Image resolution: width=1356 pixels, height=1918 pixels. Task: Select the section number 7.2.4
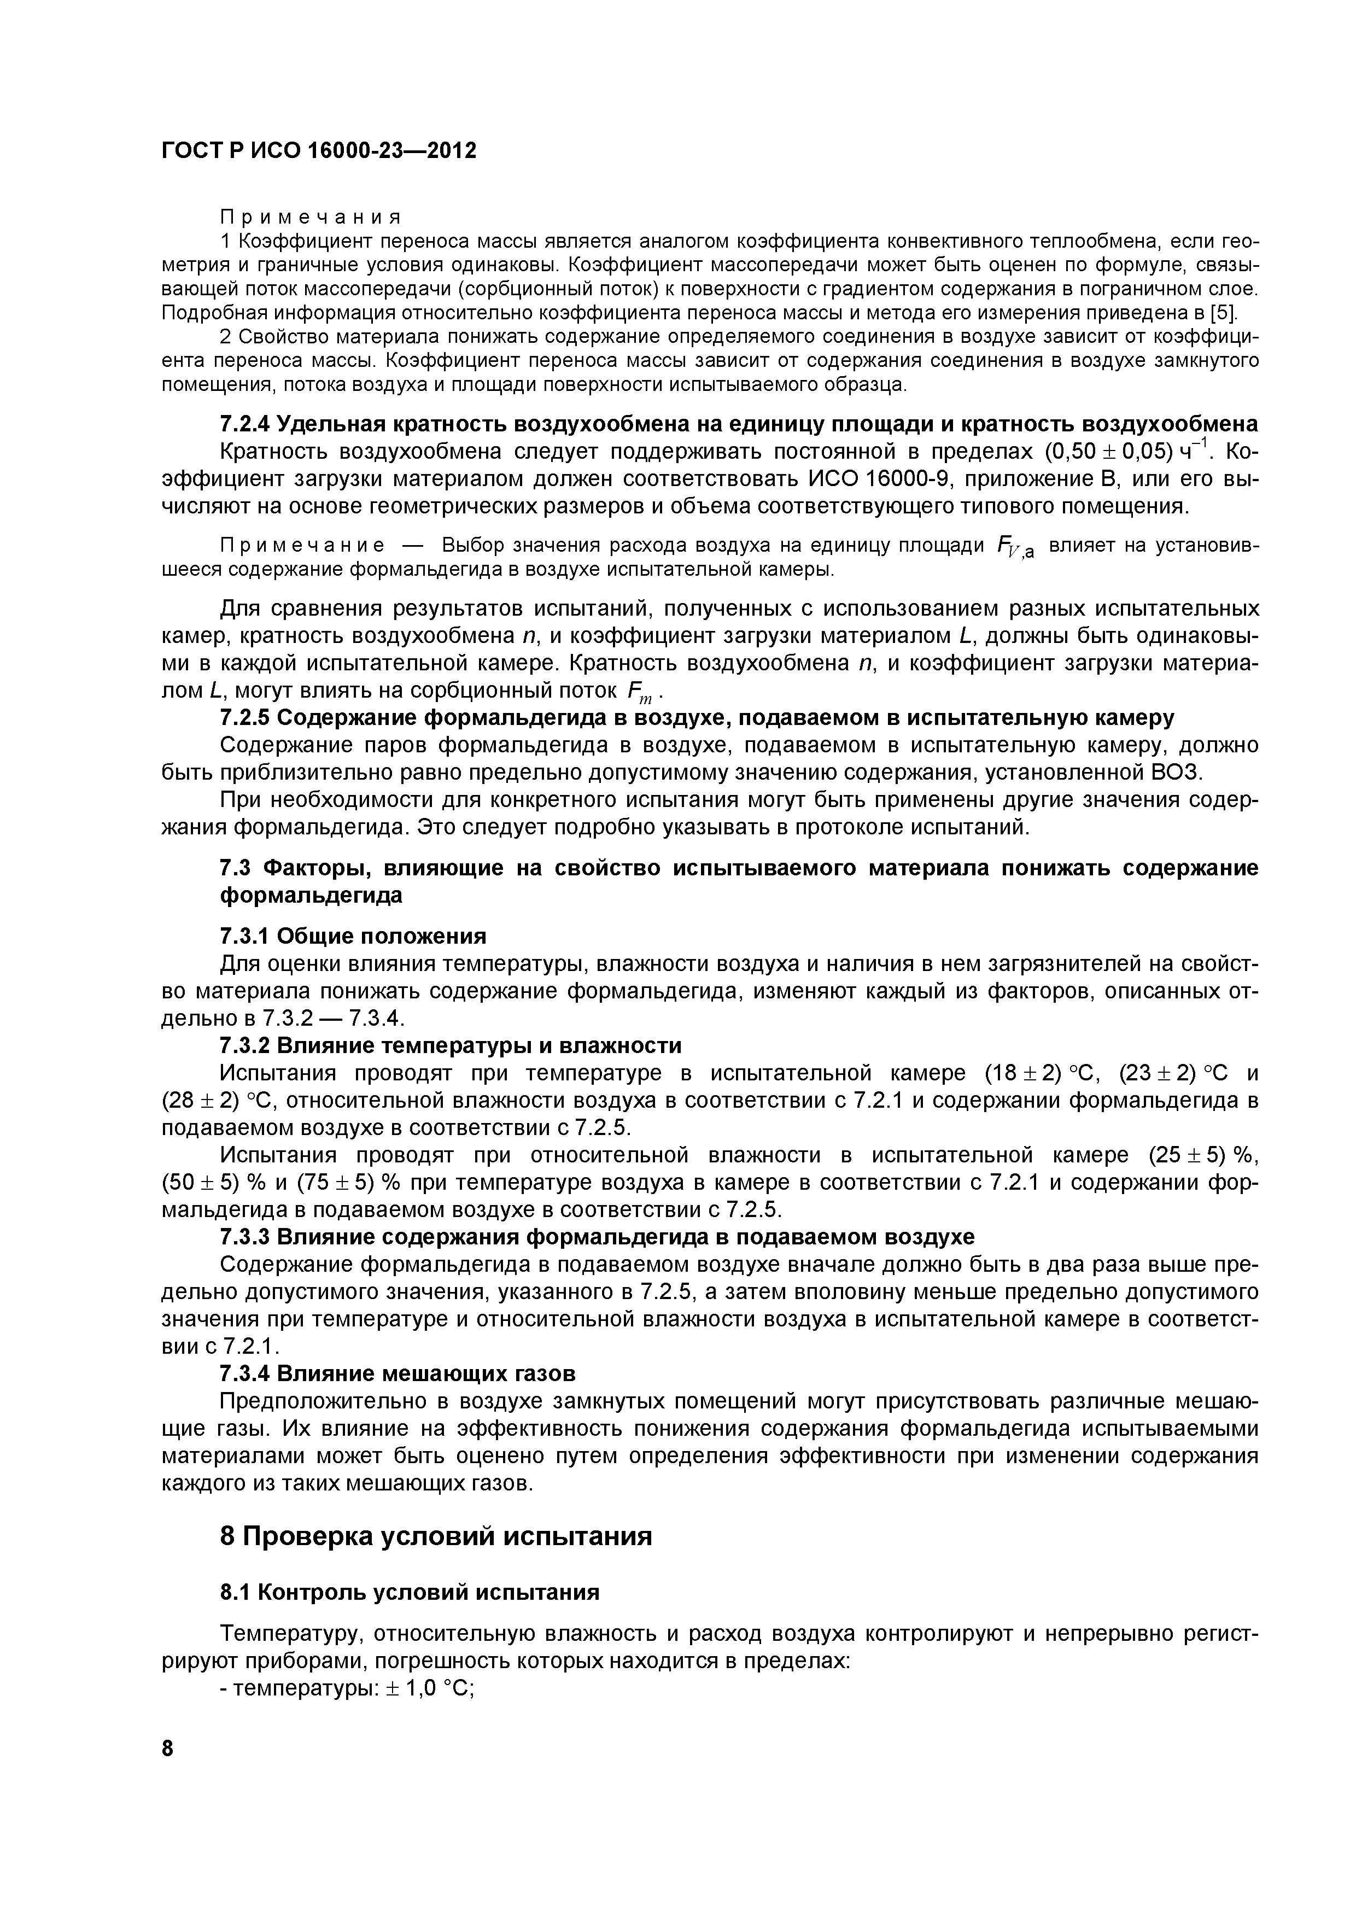(244, 424)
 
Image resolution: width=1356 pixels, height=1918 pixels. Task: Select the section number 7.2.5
(244, 717)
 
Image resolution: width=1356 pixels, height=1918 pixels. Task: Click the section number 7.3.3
(244, 1236)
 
